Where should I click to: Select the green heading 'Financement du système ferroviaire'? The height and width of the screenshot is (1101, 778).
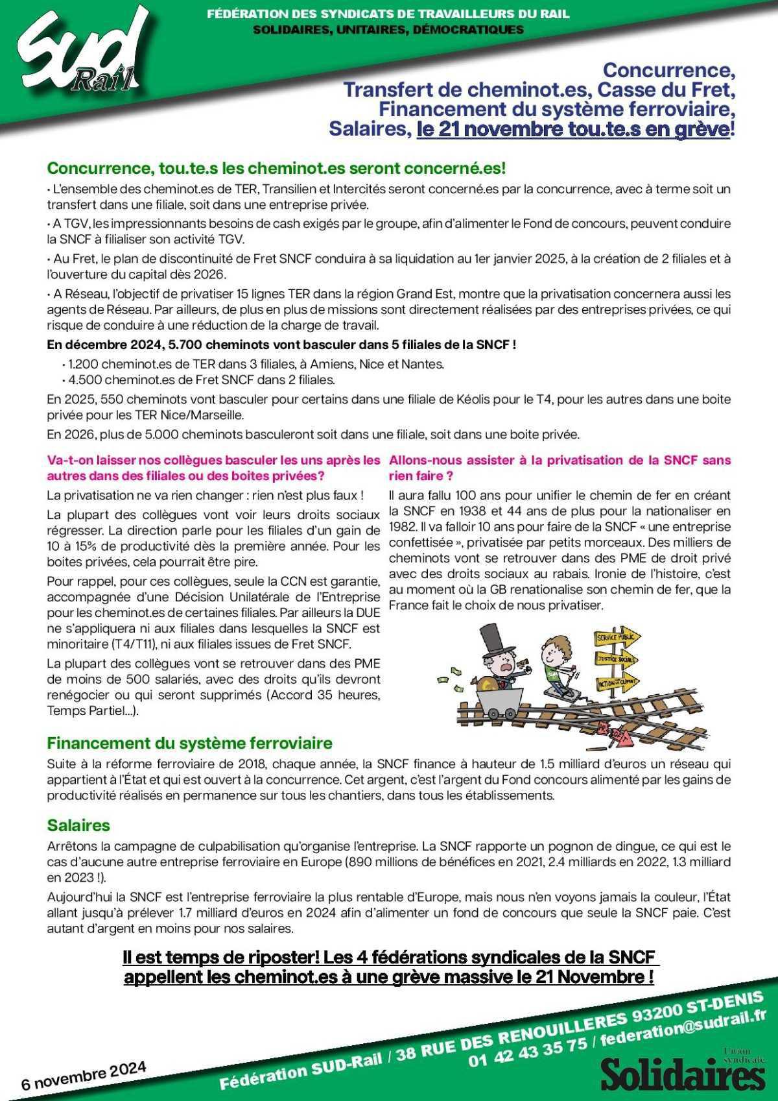189,743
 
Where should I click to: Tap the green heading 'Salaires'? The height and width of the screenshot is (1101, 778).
78,825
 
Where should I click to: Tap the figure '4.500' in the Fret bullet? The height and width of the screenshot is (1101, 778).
85,380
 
